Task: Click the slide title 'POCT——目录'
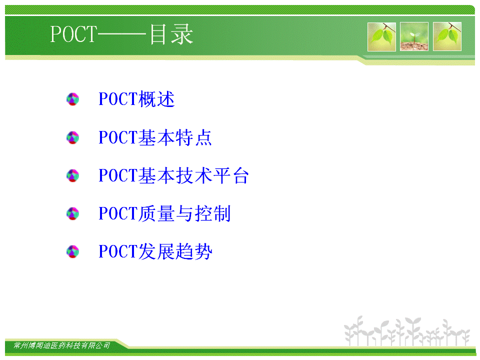(121, 34)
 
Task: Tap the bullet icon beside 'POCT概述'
(73, 99)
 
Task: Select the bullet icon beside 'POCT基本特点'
(73, 137)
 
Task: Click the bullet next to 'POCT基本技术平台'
(73, 175)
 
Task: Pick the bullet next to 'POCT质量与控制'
(73, 213)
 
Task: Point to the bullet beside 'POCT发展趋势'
(73, 251)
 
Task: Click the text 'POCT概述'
(136, 99)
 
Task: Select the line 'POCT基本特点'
(155, 137)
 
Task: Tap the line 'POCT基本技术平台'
(173, 175)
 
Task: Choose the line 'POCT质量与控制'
(164, 213)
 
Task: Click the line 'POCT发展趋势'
(155, 251)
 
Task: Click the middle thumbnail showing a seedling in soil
(414, 36)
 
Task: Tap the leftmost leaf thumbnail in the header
(381, 36)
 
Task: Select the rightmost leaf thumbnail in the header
(447, 36)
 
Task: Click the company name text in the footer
(62, 345)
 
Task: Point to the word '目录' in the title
(171, 34)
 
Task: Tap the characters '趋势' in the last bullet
(194, 251)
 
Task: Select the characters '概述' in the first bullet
(156, 99)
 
